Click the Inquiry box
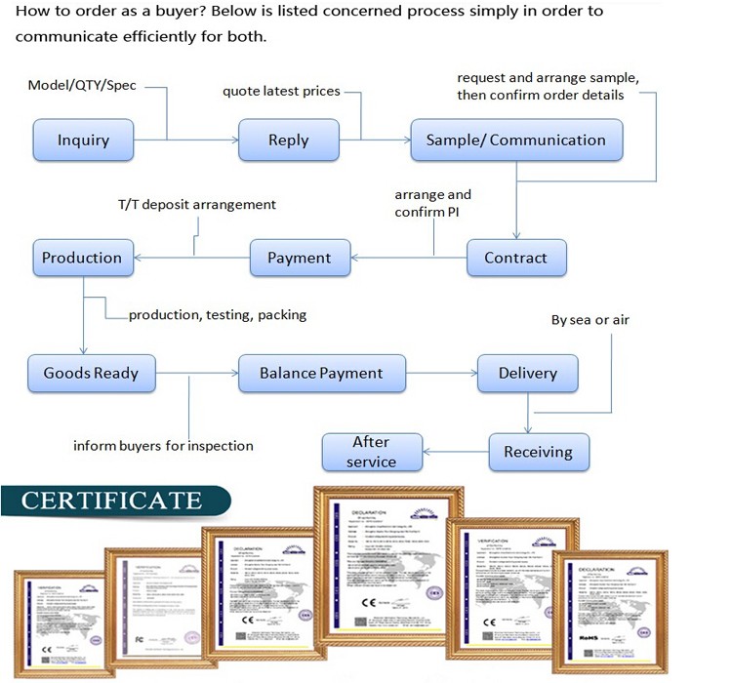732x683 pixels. tap(83, 140)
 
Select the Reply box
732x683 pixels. tap(289, 140)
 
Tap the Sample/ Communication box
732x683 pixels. tap(515, 140)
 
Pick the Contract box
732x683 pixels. tap(515, 258)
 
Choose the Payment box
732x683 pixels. tap(299, 258)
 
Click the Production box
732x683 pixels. tap(82, 258)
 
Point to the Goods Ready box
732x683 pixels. tap(91, 373)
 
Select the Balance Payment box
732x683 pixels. tap(321, 373)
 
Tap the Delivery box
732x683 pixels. tap(527, 373)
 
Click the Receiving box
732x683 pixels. tap(538, 452)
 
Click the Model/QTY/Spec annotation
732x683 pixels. tap(82, 86)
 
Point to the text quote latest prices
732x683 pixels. tap(281, 92)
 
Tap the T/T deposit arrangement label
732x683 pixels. tap(197, 205)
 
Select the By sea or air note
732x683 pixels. tap(590, 319)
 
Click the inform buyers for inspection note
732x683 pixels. tap(163, 446)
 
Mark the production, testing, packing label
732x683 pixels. tap(218, 314)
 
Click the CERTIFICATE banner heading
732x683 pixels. tap(111, 502)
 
